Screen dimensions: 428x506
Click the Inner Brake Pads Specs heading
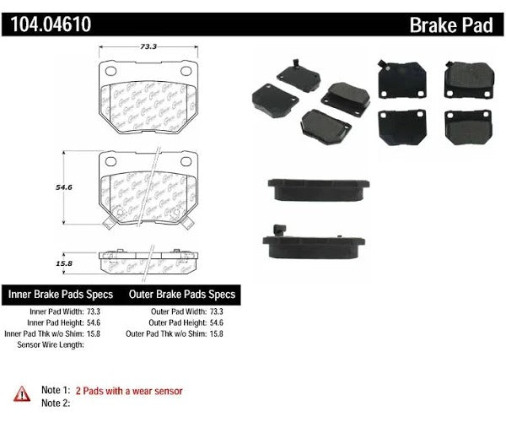(62, 295)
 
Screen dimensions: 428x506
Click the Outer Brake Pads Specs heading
(181, 295)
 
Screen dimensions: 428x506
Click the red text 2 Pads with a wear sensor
(130, 391)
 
